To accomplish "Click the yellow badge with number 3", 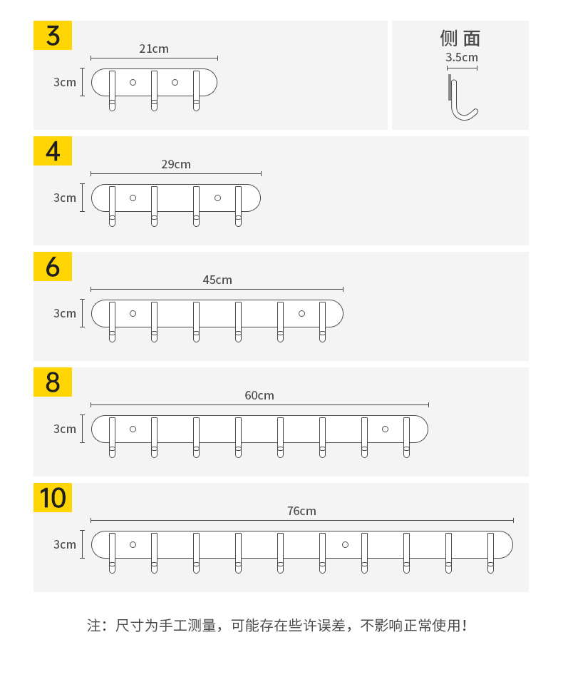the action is tap(53, 35).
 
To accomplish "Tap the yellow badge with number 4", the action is tap(53, 151).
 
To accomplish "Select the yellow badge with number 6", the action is tap(53, 267).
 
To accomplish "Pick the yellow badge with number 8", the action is tap(53, 382).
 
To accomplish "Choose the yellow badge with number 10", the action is tap(53, 498).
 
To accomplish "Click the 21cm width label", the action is tap(154, 49).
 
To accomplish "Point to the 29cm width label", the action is tap(176, 164).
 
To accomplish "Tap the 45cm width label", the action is tap(217, 280).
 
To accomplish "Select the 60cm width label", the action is tap(259, 395).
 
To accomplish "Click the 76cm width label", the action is tap(301, 511).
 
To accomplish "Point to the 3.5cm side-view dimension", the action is tap(462, 57).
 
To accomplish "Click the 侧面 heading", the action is tap(460, 39).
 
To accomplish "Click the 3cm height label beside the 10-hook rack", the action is tap(65, 544).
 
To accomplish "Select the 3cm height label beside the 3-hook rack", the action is tap(65, 82).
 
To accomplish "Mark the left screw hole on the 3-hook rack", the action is tap(133, 83).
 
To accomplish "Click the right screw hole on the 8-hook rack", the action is tap(385, 429).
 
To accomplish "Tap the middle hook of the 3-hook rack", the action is tap(154, 91).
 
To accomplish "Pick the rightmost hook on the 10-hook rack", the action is tap(490, 553).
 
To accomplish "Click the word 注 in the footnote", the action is tap(94, 626).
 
